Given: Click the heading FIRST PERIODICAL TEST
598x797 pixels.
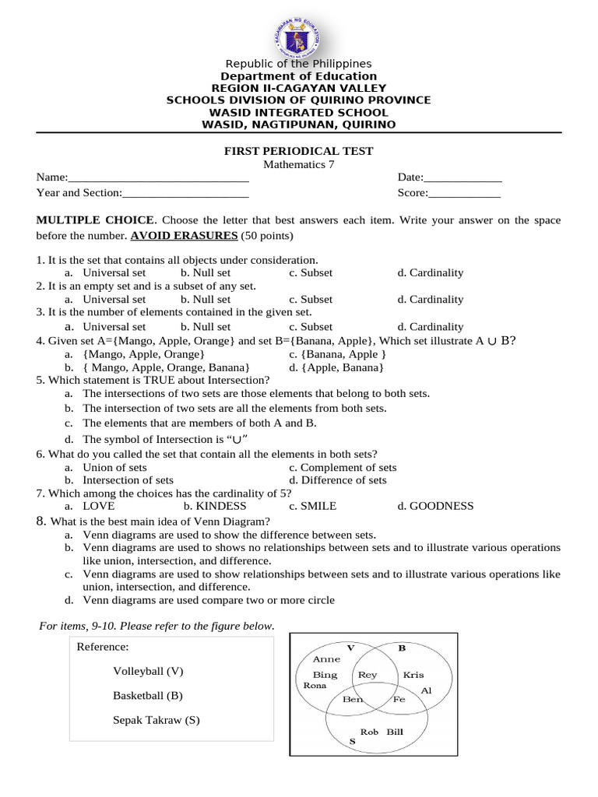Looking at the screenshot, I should pyautogui.click(x=299, y=151).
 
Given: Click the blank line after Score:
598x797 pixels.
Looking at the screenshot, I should pyautogui.click(x=465, y=193).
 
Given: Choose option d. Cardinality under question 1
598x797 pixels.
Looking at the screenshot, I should pyautogui.click(x=430, y=272).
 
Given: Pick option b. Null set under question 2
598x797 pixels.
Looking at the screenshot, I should pyautogui.click(x=206, y=299).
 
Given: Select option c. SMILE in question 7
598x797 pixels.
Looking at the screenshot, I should pyautogui.click(x=312, y=506).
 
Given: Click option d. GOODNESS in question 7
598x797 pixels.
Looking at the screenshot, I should pyautogui.click(x=434, y=506).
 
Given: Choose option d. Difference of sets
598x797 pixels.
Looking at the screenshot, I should pyautogui.click(x=337, y=480).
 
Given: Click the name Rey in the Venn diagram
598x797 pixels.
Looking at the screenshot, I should pyautogui.click(x=367, y=675).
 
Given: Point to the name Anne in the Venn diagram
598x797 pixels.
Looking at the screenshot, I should pyautogui.click(x=326, y=658).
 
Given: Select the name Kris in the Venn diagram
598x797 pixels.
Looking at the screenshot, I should pyautogui.click(x=413, y=675).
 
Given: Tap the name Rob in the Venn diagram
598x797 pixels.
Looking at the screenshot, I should pyautogui.click(x=369, y=732).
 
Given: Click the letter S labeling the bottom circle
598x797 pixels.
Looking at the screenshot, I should pyautogui.click(x=352, y=742).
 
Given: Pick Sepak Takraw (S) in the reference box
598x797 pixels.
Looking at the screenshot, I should pyautogui.click(x=157, y=720).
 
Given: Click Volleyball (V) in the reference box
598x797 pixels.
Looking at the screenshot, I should pyautogui.click(x=148, y=671).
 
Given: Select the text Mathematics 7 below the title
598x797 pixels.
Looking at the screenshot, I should pyautogui.click(x=299, y=164).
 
